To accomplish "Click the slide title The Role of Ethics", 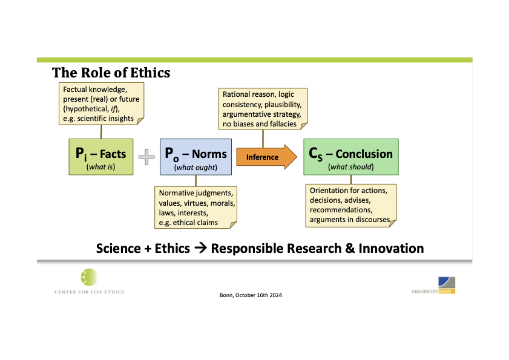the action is point(111,73).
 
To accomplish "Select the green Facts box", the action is point(101,157).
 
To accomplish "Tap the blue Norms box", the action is point(195,157).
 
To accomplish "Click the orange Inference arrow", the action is point(266,157).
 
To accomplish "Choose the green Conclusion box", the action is point(351,157).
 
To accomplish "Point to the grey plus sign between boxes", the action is point(146,157).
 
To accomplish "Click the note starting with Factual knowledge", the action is point(101,103).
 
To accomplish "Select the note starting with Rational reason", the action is point(263,109).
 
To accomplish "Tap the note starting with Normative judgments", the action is point(195,208).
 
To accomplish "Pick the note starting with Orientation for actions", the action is point(351,206).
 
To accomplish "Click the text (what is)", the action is point(100,167).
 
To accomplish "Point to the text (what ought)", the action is point(195,168).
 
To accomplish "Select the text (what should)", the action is point(351,167).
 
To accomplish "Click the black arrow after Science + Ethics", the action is point(200,248).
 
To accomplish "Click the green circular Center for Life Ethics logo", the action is point(89,277).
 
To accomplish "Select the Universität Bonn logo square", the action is point(447,283).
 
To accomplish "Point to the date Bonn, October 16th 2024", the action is point(251,295).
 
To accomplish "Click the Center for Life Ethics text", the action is point(89,292).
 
